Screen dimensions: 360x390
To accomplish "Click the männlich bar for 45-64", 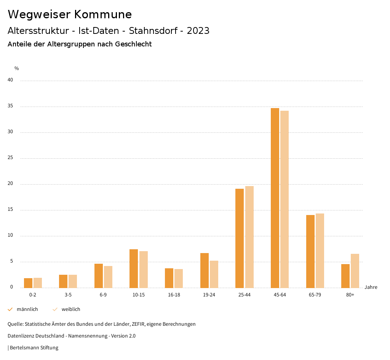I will click(275, 198).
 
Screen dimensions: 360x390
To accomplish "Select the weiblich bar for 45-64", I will click(285, 199).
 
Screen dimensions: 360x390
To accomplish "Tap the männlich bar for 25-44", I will click(240, 238).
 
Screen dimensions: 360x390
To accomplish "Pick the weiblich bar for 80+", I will click(355, 271).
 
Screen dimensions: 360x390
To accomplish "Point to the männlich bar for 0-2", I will click(28, 283).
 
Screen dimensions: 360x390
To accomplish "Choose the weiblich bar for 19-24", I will click(214, 274).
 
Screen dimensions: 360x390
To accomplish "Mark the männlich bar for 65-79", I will click(310, 251).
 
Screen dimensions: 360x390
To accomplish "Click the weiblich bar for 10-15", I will click(144, 269).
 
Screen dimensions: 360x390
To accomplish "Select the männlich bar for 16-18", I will click(169, 278).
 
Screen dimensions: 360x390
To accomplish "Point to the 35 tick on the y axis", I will click(10, 106).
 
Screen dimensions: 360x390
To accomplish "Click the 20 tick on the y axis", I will click(10, 184).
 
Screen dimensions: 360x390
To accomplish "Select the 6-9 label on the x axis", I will click(103, 295).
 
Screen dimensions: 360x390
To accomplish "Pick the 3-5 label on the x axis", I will click(68, 295).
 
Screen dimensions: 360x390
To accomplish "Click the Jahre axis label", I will click(371, 287).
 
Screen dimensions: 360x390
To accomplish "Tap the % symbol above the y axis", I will click(17, 68).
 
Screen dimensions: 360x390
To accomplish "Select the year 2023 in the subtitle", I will click(198, 31).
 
